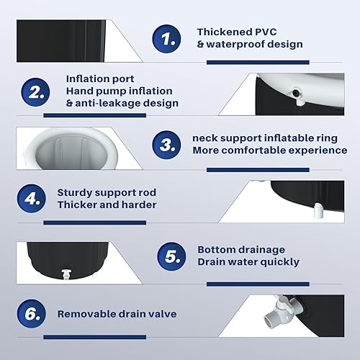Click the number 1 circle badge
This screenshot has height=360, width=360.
tap(166, 39)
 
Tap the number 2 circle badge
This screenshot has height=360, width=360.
tap(35, 92)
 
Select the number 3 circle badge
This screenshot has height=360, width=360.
tap(166, 145)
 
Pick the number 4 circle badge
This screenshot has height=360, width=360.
tap(32, 199)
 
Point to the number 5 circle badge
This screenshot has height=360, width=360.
tap(171, 256)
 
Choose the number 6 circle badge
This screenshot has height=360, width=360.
tap(32, 314)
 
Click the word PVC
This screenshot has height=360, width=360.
tap(266, 32)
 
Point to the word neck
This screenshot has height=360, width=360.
tap(204, 138)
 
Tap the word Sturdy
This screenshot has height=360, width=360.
tap(73, 193)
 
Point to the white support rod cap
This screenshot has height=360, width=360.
tap(318, 210)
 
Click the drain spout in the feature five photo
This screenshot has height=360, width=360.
tap(66, 274)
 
